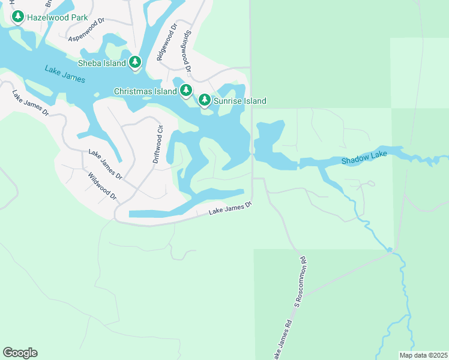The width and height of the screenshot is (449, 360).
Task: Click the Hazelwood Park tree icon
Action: coord(17,17)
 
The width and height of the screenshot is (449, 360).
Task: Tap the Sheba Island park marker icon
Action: coord(135,62)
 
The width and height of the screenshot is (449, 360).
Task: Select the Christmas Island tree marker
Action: coord(186,91)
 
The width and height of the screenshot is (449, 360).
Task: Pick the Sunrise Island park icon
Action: coord(205,100)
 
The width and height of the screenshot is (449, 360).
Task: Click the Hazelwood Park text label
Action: coord(58,17)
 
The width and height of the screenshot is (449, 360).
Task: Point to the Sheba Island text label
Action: coord(102,63)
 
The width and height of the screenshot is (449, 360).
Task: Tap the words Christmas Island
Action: coord(145,91)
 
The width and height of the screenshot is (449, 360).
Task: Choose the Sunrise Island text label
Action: coord(240,101)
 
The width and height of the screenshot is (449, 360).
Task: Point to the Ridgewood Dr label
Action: coord(167,42)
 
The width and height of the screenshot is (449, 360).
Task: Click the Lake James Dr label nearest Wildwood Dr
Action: coord(105,165)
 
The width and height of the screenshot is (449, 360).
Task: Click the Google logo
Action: coord(20,353)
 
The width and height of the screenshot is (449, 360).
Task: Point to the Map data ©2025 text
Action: coord(423,355)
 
